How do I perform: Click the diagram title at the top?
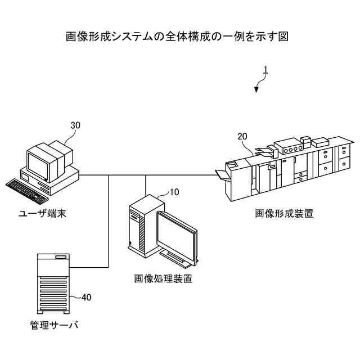(x=178, y=37)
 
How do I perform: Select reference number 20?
(x=242, y=137)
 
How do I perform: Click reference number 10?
(x=174, y=192)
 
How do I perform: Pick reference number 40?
(x=86, y=296)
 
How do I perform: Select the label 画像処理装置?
(x=163, y=278)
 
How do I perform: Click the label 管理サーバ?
(x=54, y=325)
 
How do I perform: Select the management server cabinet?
(x=54, y=284)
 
